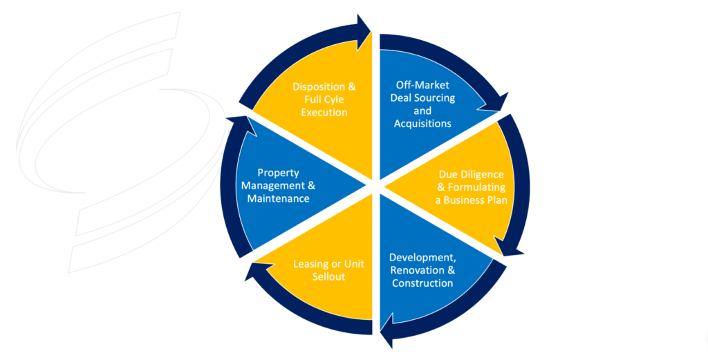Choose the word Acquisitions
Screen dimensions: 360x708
click(x=422, y=123)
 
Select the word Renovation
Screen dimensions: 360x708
click(x=419, y=270)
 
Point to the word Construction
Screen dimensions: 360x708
click(x=422, y=283)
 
